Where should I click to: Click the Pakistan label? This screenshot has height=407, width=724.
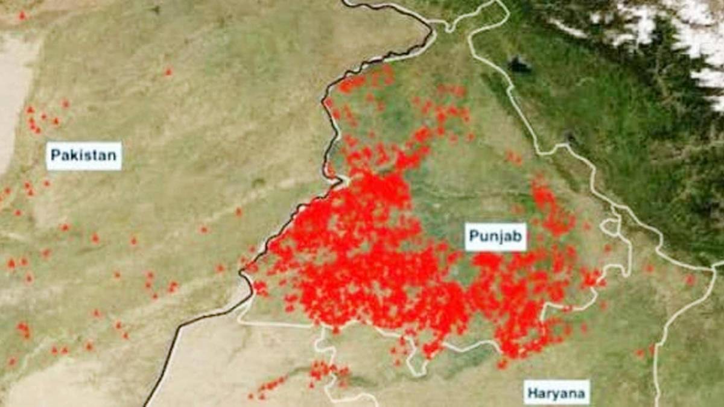pos(83,156)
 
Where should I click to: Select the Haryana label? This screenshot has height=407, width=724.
pos(556,394)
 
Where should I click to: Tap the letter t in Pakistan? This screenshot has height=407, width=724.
pos(88,156)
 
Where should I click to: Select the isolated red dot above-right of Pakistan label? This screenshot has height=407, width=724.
pos(168,72)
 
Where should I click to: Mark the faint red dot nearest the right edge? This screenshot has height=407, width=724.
pos(690,279)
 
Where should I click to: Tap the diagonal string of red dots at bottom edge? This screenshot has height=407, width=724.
pos(268,386)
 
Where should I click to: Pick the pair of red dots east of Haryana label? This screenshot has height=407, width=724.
pos(644,352)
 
